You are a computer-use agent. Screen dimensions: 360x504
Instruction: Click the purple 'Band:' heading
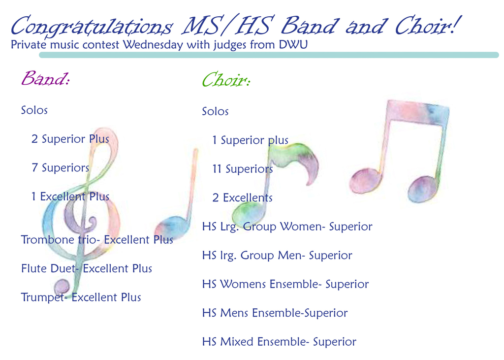[x=45, y=79]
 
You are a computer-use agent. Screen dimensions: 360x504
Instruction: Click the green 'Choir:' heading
[x=226, y=80]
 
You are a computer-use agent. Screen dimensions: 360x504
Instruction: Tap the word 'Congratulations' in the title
[x=92, y=26]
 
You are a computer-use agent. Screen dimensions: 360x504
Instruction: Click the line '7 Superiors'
[x=60, y=168]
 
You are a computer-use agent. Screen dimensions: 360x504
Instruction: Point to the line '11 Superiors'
[x=242, y=169]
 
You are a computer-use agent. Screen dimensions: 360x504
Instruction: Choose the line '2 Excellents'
[x=242, y=198]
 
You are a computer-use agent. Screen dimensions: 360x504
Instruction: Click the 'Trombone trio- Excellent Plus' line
[x=97, y=240]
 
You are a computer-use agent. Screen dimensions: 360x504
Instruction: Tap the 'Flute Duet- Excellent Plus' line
[x=86, y=269]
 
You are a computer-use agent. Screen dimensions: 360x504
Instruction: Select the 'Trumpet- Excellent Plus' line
[x=81, y=297]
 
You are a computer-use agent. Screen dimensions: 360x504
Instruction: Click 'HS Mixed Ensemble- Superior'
[x=279, y=342]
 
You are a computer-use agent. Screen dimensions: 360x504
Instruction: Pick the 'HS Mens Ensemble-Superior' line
[x=274, y=313]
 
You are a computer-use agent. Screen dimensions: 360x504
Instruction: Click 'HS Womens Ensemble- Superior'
[x=285, y=285]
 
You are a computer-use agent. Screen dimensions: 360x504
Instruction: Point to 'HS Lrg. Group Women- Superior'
[x=287, y=227]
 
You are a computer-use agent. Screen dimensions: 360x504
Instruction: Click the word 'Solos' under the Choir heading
[x=215, y=112]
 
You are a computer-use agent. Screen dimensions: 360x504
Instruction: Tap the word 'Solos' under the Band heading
[x=34, y=110]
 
